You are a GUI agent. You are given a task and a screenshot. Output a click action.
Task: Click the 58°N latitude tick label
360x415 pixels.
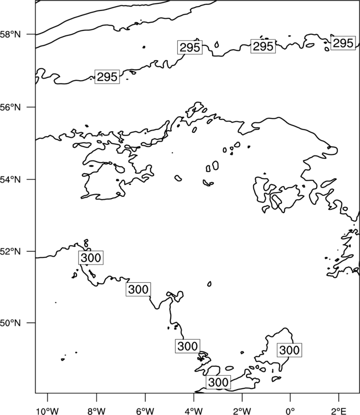11,34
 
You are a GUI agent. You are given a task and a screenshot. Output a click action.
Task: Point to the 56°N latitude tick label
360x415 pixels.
11,107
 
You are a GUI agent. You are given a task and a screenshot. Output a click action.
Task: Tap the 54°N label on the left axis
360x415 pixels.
11,179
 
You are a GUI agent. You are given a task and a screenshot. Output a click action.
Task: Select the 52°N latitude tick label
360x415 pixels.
11,251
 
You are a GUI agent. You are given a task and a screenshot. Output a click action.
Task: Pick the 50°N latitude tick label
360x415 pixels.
11,323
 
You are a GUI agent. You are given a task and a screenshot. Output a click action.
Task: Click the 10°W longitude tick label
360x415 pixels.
48,411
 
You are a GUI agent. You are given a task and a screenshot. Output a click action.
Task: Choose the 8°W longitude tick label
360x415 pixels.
96,411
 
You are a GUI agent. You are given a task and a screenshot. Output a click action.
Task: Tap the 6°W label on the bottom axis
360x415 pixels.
145,411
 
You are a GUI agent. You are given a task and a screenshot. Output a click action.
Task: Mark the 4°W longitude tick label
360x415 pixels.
194,411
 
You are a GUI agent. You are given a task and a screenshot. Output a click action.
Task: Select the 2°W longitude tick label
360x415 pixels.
242,411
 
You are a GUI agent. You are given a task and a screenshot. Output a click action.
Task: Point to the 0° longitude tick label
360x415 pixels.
290,411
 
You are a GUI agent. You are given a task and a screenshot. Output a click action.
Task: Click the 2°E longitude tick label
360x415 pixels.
339,411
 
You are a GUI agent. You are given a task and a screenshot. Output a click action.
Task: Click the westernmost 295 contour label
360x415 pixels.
107,77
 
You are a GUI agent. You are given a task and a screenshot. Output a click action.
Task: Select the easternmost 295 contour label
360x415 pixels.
343,43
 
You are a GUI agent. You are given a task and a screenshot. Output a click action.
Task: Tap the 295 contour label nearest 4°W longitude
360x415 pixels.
189,48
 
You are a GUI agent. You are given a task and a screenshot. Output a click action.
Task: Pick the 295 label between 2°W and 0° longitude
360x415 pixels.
263,46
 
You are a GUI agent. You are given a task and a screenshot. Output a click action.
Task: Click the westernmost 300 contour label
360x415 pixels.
91,257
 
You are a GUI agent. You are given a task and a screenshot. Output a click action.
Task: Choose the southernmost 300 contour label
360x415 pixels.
218,382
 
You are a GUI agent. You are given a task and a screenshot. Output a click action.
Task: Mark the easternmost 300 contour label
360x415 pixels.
289,350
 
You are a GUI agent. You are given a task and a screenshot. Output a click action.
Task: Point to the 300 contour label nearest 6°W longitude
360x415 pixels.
138,289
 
